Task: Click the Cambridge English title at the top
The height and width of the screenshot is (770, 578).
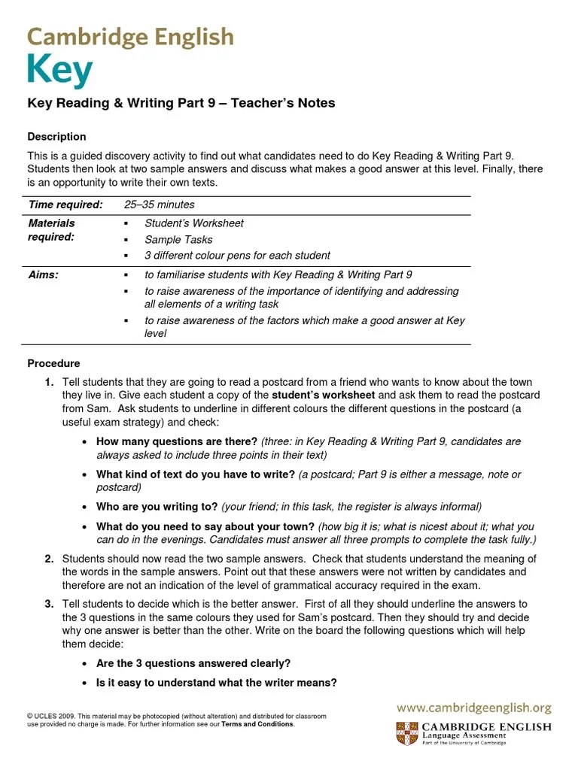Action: [x=130, y=37]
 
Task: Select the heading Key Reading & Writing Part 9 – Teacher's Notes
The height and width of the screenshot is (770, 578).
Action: [x=181, y=103]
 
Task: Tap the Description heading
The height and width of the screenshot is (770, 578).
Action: [x=56, y=137]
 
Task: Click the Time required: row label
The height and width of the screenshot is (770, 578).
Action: [x=65, y=205]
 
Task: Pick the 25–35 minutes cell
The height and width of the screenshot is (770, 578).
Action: [x=159, y=205]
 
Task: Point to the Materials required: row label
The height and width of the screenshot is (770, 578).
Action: [x=51, y=230]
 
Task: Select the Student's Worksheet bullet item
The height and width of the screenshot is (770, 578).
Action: [x=194, y=223]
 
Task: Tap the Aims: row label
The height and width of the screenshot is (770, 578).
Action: [x=43, y=275]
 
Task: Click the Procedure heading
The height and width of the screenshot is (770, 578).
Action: [x=53, y=363]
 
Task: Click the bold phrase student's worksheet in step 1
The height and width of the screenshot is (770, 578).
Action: [x=322, y=395]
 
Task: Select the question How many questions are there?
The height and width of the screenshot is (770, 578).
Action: [x=177, y=441]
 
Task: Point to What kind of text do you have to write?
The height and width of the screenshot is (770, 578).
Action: [x=195, y=474]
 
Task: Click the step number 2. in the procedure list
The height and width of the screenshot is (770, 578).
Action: [x=49, y=559]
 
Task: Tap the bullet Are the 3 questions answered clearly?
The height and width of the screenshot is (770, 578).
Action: [x=193, y=663]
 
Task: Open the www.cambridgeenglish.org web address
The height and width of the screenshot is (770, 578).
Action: [x=474, y=708]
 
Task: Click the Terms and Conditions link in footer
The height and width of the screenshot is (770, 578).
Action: [x=257, y=725]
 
